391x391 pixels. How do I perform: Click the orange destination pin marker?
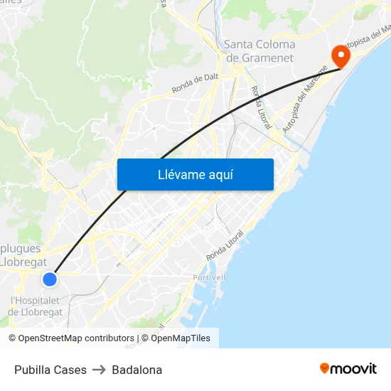click(x=341, y=55)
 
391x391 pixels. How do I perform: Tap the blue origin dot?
click(x=49, y=279)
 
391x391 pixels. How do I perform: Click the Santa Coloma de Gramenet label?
click(x=259, y=50)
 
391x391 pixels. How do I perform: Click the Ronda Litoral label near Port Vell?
click(x=224, y=245)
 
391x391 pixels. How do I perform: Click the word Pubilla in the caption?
click(x=32, y=370)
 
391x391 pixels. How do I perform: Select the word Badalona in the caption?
click(x=136, y=370)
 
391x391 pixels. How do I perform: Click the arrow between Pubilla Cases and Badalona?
click(x=99, y=370)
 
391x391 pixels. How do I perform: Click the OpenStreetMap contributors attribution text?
click(x=71, y=338)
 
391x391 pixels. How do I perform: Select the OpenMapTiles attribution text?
click(x=178, y=338)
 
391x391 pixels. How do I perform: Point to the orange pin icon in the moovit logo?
click(x=325, y=368)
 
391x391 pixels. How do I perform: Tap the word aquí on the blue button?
click(x=221, y=174)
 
